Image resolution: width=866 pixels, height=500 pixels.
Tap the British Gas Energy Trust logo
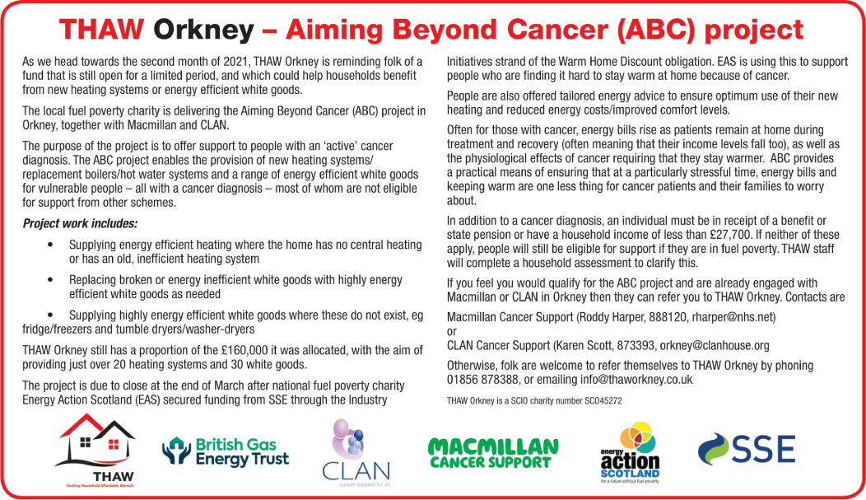[x=226, y=451]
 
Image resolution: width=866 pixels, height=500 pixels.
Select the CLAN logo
[x=356, y=452]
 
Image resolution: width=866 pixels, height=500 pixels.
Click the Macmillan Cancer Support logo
[x=492, y=454]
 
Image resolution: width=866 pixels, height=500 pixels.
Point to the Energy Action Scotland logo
[x=631, y=452]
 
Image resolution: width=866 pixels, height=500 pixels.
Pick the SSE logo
[x=747, y=449]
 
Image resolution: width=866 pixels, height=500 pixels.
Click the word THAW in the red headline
[x=101, y=30]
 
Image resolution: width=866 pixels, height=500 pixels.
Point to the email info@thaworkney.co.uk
[x=636, y=380]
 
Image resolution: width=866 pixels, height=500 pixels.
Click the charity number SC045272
[x=603, y=401]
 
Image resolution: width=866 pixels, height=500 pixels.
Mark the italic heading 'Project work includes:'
[x=80, y=224]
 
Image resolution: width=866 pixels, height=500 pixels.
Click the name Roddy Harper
[x=611, y=317]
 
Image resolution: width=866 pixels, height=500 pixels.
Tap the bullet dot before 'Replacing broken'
[x=50, y=280]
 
